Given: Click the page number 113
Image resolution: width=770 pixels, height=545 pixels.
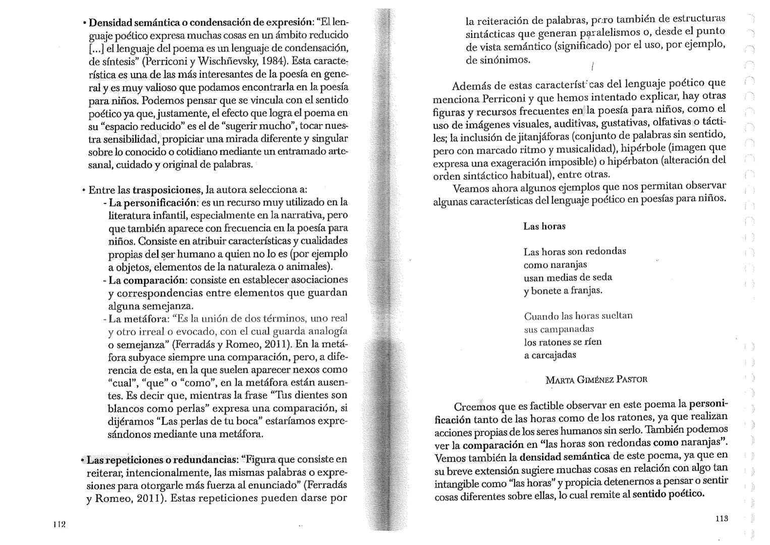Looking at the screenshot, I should click(721, 518).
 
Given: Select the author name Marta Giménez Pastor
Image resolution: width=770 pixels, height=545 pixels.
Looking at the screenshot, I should click(596, 379).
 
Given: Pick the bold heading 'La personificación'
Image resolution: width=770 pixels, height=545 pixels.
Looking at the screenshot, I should click(152, 203).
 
